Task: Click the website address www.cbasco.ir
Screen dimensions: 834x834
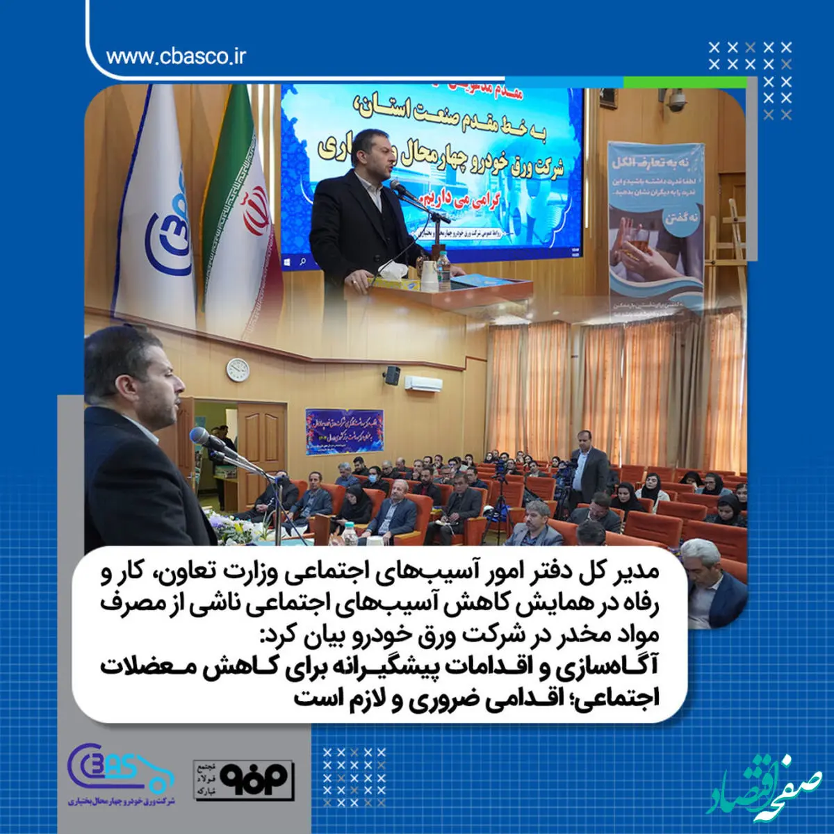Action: pos(176,56)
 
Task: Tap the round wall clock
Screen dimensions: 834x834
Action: pos(238,369)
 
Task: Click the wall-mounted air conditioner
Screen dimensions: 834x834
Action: pos(423,383)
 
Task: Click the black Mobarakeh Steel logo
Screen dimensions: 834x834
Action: pos(245,779)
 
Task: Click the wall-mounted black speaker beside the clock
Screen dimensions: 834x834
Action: pos(392,376)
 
